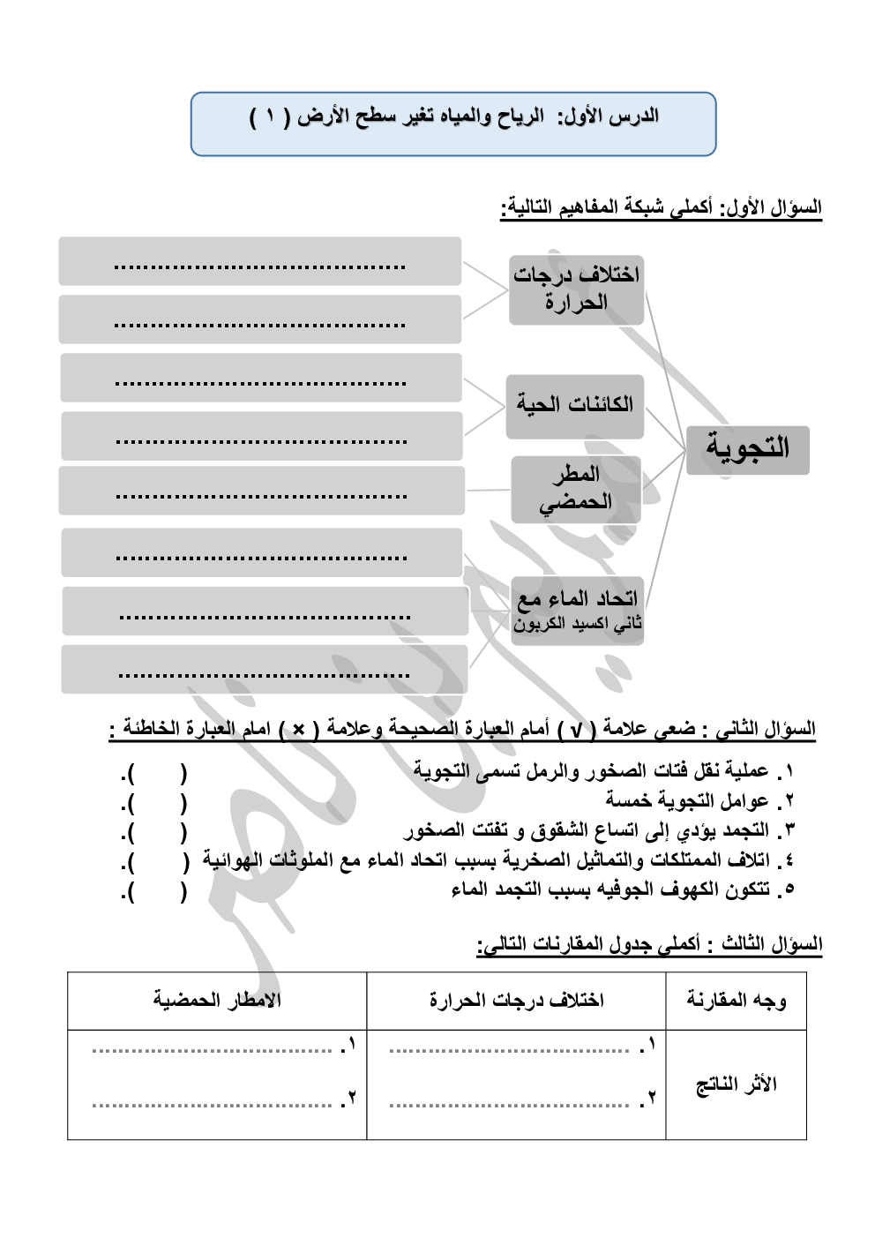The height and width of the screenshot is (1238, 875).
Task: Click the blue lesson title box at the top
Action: click(x=452, y=124)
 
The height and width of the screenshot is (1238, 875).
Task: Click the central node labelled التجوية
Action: click(x=747, y=449)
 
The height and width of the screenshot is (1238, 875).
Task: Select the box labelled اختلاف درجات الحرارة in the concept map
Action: click(x=576, y=289)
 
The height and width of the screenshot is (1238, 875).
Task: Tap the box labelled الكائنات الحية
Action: click(x=574, y=406)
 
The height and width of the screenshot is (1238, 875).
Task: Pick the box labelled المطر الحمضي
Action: click(x=576, y=489)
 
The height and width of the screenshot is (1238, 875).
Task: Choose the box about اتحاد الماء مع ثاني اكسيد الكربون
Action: click(x=577, y=611)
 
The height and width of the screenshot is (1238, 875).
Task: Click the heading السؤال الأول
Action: click(x=662, y=208)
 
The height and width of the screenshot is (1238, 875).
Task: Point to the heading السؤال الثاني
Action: click(x=462, y=729)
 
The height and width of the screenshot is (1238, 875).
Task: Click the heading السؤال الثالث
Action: click(x=649, y=944)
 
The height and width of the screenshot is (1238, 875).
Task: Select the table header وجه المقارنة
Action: click(x=736, y=1000)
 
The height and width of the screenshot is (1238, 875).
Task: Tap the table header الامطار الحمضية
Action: click(x=217, y=1000)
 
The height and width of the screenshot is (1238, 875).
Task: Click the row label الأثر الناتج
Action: click(x=736, y=1084)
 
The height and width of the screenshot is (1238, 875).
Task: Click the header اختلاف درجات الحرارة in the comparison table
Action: click(x=516, y=1000)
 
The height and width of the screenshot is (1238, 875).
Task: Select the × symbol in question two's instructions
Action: click(x=298, y=730)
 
